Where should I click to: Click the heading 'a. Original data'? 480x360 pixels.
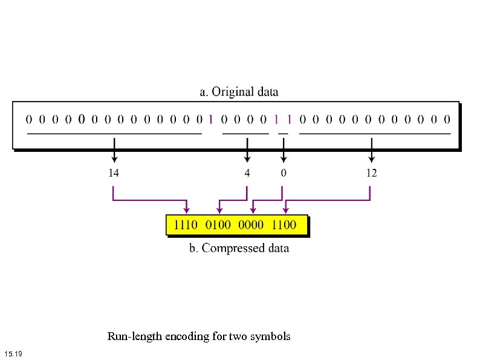(x=239, y=93)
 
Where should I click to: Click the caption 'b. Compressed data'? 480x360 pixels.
(x=239, y=249)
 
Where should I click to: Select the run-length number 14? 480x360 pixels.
(x=113, y=173)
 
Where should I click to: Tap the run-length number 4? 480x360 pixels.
(x=247, y=173)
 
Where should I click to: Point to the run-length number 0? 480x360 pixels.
(x=284, y=173)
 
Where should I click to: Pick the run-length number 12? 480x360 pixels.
(x=371, y=173)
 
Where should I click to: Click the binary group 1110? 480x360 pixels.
(x=186, y=225)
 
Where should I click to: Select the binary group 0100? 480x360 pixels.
(x=218, y=225)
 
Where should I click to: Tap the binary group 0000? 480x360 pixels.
(x=251, y=225)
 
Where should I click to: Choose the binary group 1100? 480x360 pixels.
(x=284, y=225)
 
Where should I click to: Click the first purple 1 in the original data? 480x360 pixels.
(x=210, y=119)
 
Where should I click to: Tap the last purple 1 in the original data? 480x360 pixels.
(x=290, y=119)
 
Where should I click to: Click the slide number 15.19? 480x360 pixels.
(x=13, y=353)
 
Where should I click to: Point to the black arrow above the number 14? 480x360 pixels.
(x=114, y=150)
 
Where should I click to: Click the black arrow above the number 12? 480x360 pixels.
(x=371, y=150)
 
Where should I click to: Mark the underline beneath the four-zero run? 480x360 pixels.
(x=245, y=133)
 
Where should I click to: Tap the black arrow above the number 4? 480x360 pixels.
(x=247, y=150)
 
